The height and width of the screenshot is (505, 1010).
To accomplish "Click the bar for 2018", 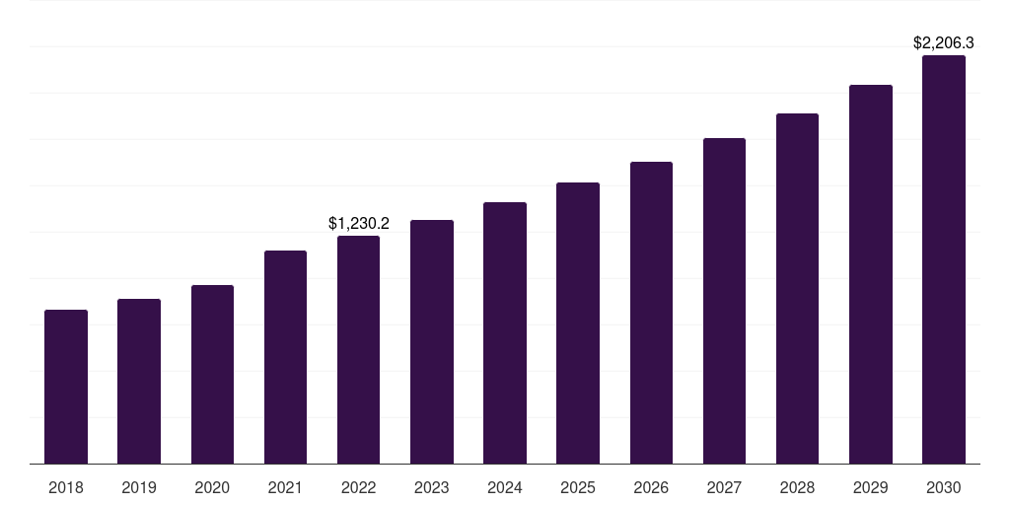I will [x=66, y=387].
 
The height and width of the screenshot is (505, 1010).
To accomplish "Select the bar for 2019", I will [x=139, y=382].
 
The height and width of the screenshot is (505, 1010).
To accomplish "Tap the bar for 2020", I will [x=212, y=375].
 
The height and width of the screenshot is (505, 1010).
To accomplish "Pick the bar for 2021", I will [x=285, y=357].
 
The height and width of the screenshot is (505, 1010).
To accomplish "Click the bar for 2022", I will [x=358, y=350].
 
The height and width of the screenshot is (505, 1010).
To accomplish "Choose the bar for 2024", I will [x=505, y=333].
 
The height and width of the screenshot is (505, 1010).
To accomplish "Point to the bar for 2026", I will [x=651, y=313].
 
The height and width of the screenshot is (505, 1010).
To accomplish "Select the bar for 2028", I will [x=797, y=289].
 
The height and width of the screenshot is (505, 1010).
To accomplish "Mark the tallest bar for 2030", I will [x=943, y=259].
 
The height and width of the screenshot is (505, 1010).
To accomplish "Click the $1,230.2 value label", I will [x=359, y=224].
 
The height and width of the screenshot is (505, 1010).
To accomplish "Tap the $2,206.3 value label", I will [x=944, y=43].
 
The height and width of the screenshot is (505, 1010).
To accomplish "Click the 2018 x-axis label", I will [x=66, y=487].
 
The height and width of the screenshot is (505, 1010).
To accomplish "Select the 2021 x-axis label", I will [x=285, y=487].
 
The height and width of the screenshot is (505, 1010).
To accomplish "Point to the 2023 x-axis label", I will [x=431, y=487].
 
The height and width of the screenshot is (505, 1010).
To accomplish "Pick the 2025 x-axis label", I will [x=578, y=487].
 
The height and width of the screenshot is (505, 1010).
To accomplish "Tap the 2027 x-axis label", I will [x=724, y=487].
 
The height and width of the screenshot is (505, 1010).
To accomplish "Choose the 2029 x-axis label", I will [x=870, y=487].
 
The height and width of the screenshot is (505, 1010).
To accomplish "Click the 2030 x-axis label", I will [x=943, y=487].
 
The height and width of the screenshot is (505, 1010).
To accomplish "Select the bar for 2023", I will [x=431, y=342].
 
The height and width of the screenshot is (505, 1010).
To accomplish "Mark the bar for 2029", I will [x=870, y=274].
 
